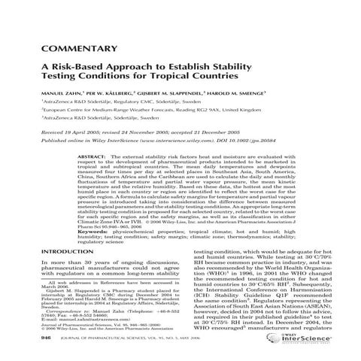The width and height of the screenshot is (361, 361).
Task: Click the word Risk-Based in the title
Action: (x=79, y=68)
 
